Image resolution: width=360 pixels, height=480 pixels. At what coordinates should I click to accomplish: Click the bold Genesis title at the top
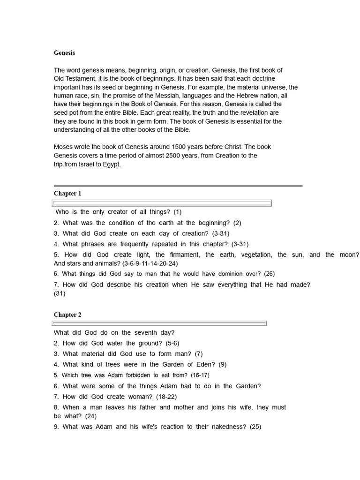(x=64, y=53)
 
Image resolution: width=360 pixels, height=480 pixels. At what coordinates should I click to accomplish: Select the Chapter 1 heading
(x=67, y=194)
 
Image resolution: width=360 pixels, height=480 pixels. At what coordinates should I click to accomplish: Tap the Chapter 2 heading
(x=67, y=315)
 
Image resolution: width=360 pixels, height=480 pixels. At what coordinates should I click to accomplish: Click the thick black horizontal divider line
(x=178, y=186)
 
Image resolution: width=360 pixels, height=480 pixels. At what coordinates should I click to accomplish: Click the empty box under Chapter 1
(x=162, y=203)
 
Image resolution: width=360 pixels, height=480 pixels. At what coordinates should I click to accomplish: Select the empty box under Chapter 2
(x=160, y=323)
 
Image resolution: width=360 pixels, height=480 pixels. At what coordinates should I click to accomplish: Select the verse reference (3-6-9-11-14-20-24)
(x=150, y=263)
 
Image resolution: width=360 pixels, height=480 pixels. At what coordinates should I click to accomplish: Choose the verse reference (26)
(x=269, y=274)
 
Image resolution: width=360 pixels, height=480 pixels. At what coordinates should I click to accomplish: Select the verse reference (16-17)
(x=199, y=375)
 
